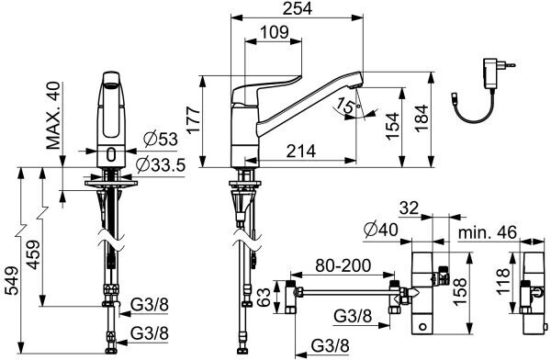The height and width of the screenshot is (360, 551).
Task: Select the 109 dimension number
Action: point(275,33)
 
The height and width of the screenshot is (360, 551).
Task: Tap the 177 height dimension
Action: point(194,120)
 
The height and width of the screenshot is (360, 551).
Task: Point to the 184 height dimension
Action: point(422,118)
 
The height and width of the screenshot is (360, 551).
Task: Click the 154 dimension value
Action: point(393,126)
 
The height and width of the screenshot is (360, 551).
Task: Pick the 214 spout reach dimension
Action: point(301,152)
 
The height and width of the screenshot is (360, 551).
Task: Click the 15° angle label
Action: point(347,106)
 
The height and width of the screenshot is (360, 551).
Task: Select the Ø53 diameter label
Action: point(161,140)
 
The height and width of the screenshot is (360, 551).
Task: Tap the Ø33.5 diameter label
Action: point(160,165)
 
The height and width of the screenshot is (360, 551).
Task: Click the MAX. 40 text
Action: point(54,116)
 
